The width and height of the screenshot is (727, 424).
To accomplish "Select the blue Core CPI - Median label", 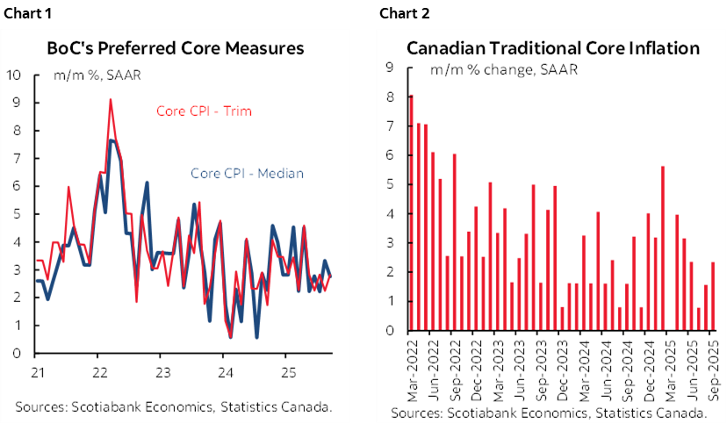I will click(x=247, y=173).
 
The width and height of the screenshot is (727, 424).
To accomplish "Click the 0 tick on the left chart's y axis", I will click(x=18, y=354).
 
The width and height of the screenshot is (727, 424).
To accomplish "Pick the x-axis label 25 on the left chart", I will click(x=285, y=370).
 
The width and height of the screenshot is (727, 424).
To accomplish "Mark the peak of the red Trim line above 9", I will click(x=110, y=100).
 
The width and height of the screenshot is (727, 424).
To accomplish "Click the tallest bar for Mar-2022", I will click(x=411, y=212).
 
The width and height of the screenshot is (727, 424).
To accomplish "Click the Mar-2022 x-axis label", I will click(x=411, y=367).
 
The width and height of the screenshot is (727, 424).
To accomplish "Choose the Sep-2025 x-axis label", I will click(x=713, y=367).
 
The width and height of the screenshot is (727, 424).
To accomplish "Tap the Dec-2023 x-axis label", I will click(x=562, y=367).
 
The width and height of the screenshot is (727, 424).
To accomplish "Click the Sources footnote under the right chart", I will click(x=551, y=413).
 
